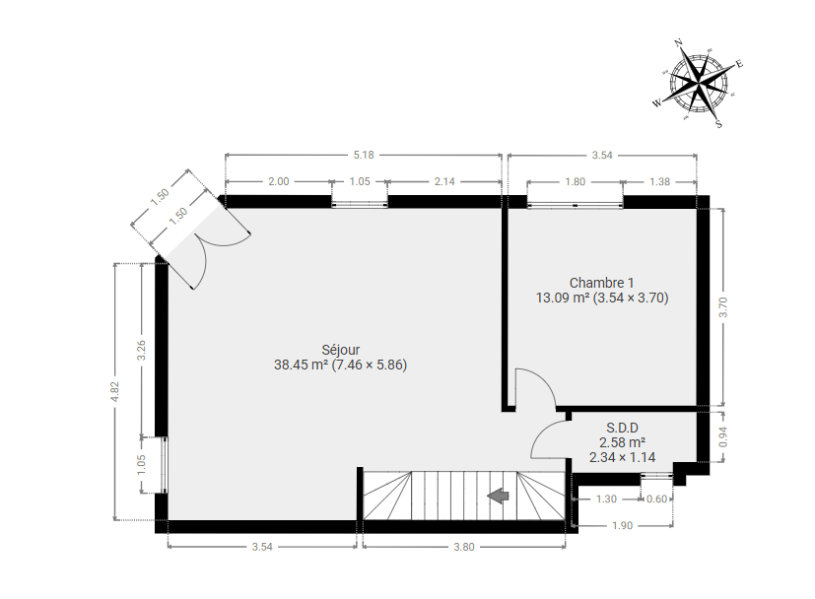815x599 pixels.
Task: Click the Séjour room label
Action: click(x=340, y=350)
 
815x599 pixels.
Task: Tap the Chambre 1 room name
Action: click(x=601, y=283)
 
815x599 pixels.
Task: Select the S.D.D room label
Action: click(x=622, y=428)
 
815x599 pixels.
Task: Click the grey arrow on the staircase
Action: click(x=498, y=496)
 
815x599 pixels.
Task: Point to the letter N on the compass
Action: click(x=678, y=42)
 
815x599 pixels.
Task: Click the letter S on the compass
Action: click(x=718, y=124)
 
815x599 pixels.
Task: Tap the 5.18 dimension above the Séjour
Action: click(x=364, y=155)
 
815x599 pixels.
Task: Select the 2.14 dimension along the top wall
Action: click(x=444, y=181)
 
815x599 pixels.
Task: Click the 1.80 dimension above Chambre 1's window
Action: click(x=575, y=181)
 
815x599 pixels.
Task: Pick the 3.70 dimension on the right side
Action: click(x=723, y=306)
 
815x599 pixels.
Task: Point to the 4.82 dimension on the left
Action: click(x=115, y=391)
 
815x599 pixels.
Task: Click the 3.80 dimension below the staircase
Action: click(x=463, y=547)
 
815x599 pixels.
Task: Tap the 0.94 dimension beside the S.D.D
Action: click(x=723, y=436)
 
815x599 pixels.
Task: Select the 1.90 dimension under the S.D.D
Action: click(x=622, y=525)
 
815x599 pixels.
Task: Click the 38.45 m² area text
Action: click(x=301, y=365)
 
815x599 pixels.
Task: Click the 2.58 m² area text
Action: click(x=622, y=442)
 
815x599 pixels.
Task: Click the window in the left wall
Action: click(x=165, y=464)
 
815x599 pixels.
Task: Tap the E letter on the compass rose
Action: click(x=740, y=64)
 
